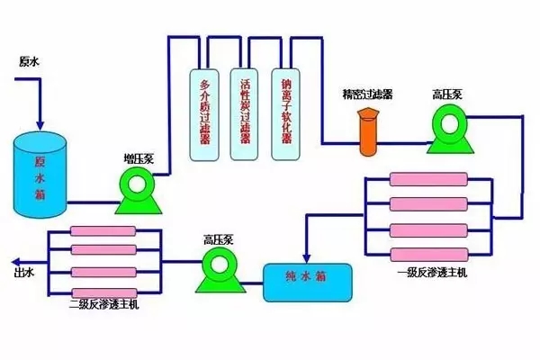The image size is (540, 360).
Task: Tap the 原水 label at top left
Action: click(29, 62)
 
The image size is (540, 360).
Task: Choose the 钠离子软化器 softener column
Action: click(287, 112)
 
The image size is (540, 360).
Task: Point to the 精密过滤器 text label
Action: click(367, 94)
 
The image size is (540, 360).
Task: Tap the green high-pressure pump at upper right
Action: click(446, 128)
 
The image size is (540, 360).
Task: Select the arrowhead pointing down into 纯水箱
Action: click(308, 256)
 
